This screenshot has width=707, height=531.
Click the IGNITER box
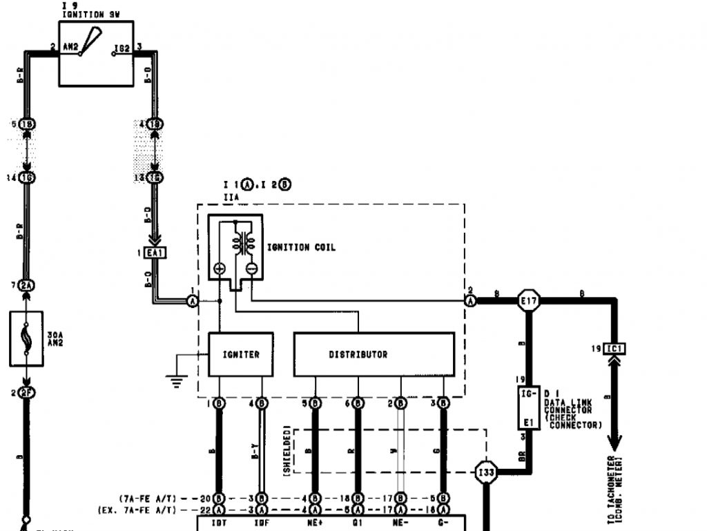click(241, 355)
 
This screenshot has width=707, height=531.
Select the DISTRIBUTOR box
click(374, 355)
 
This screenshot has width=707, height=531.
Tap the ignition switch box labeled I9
click(96, 53)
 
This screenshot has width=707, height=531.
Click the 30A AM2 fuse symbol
click(26, 338)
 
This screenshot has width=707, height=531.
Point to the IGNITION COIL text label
click(301, 247)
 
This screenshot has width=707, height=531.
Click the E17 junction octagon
click(529, 300)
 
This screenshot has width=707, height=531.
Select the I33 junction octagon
click(486, 472)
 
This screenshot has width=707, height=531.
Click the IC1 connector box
click(614, 349)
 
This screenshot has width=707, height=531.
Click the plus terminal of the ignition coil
click(220, 269)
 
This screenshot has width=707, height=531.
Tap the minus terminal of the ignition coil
click(251, 269)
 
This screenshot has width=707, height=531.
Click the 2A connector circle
click(26, 285)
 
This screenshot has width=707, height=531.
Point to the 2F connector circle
click(26, 393)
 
